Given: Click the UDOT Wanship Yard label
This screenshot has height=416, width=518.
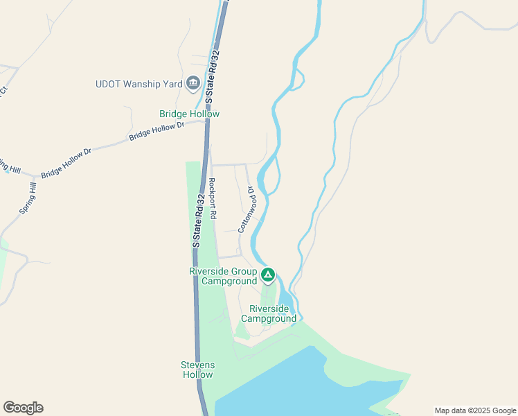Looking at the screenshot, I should [x=139, y=85].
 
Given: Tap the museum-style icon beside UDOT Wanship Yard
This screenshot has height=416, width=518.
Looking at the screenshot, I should [x=193, y=85].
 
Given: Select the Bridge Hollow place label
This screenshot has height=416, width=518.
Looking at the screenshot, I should [x=189, y=114].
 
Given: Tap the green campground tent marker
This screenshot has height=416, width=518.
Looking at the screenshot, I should [x=268, y=276].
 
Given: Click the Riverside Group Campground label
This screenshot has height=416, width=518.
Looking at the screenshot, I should [x=223, y=277].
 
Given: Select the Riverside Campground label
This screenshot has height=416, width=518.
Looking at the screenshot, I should [x=268, y=314].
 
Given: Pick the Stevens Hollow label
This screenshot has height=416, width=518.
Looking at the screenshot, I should [x=198, y=370].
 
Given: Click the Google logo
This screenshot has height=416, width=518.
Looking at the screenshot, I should [x=24, y=408].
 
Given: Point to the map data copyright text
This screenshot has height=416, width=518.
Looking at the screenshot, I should [x=474, y=410].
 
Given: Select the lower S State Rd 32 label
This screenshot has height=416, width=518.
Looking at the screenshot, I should [x=197, y=220].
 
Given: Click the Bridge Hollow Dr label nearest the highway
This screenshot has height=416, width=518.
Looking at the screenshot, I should [x=157, y=132].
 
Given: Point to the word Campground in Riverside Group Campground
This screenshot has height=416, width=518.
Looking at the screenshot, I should [x=229, y=281].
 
